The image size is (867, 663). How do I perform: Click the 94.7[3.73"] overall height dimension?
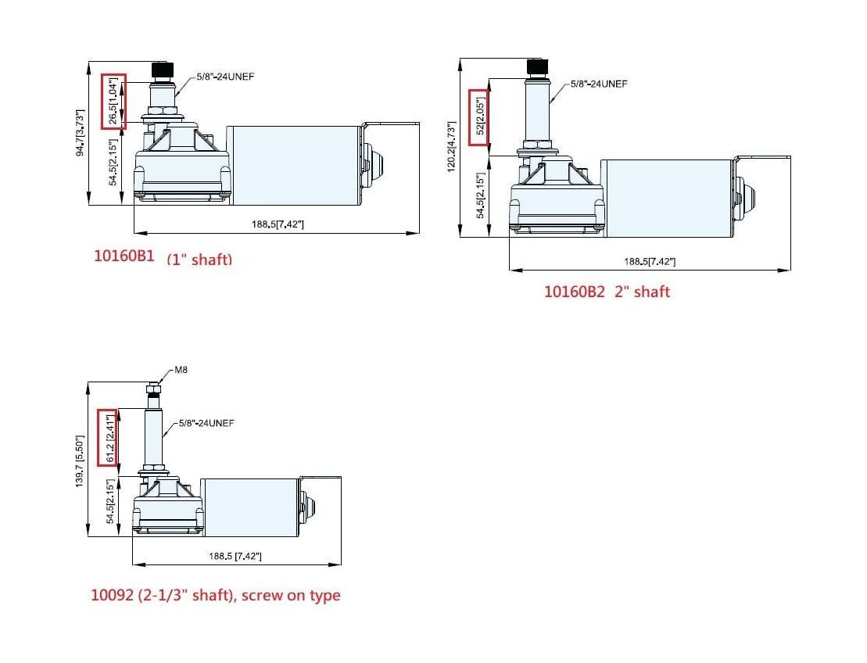pyautogui.click(x=80, y=133)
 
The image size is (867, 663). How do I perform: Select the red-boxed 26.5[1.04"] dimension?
pyautogui.click(x=113, y=100)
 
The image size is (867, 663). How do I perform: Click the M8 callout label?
pyautogui.click(x=181, y=370)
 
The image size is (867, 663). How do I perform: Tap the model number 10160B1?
pyautogui.click(x=124, y=256)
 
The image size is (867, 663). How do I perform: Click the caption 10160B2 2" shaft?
pyautogui.click(x=607, y=292)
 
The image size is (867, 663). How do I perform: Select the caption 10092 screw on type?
pyautogui.click(x=216, y=595)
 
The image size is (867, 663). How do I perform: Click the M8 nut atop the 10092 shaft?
pyautogui.click(x=153, y=388)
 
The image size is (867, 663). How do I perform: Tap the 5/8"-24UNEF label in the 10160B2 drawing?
pyautogui.click(x=598, y=84)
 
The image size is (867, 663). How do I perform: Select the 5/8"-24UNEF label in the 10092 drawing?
pyautogui.click(x=206, y=423)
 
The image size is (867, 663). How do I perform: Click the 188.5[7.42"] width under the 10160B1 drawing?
pyautogui.click(x=277, y=224)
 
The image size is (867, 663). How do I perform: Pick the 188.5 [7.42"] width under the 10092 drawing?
pyautogui.click(x=235, y=556)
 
